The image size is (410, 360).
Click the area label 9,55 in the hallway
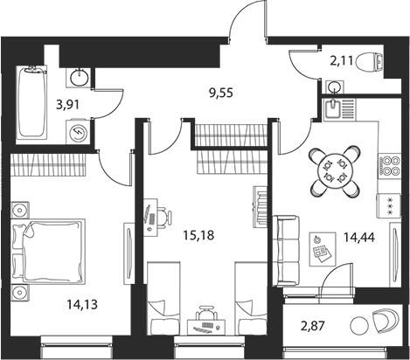pyautogui.click(x=221, y=93)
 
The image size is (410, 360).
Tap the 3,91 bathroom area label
pyautogui.click(x=67, y=104)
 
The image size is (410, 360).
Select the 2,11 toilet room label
pyautogui.click(x=342, y=61)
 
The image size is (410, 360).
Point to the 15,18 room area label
pyautogui.click(x=198, y=235)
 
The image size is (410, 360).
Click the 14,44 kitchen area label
pyautogui.click(x=359, y=238)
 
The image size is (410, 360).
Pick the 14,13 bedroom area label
pyautogui.click(x=82, y=304)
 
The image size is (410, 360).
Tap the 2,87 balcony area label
pyautogui.click(x=312, y=326)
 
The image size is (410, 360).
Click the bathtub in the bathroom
pyautogui.click(x=31, y=102)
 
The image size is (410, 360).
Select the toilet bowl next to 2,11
pyautogui.click(x=369, y=62)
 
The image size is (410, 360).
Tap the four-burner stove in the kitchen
pyautogui.click(x=389, y=166)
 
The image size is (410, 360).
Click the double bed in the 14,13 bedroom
pyautogui.click(x=48, y=252)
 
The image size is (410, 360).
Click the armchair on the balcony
pyautogui.click(x=385, y=321)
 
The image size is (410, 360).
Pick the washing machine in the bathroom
pyautogui.click(x=78, y=132)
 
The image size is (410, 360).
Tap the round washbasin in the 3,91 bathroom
pyautogui.click(x=79, y=78)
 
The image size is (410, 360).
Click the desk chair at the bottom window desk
pyautogui.click(x=206, y=313)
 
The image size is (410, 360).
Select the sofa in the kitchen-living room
pyautogui.click(x=286, y=251)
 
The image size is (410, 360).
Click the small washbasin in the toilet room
pyautogui.click(x=335, y=87)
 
